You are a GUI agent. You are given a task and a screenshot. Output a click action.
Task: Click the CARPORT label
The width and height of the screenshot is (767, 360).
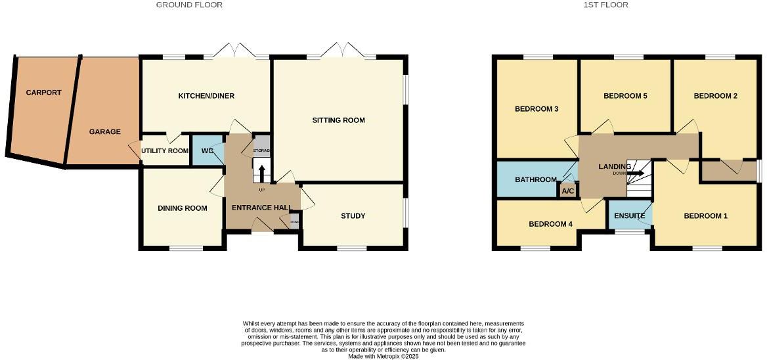[x=43, y=93]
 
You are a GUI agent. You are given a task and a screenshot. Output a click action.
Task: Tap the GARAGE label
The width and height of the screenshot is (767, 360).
[x=105, y=131]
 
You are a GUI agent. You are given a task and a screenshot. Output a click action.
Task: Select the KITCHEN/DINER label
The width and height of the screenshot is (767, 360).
[x=206, y=96]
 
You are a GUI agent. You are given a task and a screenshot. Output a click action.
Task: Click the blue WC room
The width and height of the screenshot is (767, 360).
[x=208, y=151]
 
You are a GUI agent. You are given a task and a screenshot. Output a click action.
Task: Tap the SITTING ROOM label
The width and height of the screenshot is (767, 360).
[x=338, y=120]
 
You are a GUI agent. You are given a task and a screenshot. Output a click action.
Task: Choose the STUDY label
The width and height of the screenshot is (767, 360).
[x=353, y=216]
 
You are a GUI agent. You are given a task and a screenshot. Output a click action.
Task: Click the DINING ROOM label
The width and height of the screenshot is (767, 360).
[x=182, y=208]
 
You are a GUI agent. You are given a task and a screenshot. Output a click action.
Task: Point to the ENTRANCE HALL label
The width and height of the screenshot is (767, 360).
[x=261, y=208]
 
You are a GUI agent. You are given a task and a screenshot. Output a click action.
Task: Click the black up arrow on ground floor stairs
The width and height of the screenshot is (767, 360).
[x=261, y=172]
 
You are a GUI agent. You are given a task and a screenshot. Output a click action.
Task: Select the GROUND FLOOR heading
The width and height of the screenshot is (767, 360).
[x=189, y=5]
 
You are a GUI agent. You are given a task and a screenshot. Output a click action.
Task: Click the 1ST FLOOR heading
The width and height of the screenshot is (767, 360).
[x=605, y=5]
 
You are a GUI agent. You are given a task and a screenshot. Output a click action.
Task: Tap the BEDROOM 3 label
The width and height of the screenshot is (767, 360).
[x=536, y=108]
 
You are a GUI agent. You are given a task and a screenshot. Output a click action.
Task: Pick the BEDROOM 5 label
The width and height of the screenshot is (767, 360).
[x=625, y=96]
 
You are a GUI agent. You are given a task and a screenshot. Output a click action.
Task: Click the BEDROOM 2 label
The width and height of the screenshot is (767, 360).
[x=715, y=96]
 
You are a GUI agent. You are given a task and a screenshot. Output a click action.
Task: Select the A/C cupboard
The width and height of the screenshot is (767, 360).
[x=567, y=191]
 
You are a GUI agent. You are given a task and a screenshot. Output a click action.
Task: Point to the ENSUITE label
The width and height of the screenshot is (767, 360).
[x=629, y=215]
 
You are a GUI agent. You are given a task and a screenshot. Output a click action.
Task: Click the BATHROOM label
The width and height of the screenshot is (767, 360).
[x=536, y=179]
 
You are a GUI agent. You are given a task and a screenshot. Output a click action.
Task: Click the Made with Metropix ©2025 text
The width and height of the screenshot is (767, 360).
[x=383, y=357]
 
